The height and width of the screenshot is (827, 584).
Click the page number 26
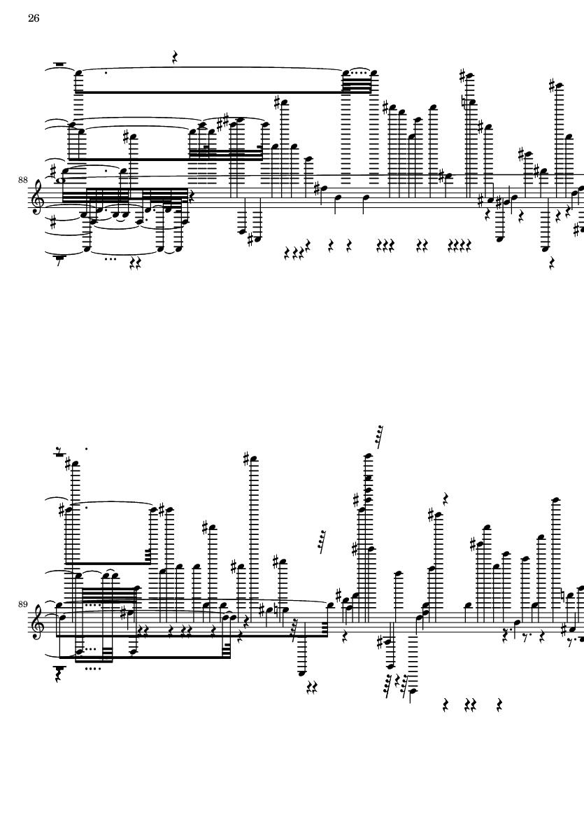pos(34,18)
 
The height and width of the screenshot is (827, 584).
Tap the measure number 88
pos(22,180)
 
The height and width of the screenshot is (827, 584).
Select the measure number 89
pos(22,604)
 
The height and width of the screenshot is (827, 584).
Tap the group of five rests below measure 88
pos(460,244)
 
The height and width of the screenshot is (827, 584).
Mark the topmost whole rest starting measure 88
pos(59,65)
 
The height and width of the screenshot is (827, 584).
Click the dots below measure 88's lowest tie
pos(110,259)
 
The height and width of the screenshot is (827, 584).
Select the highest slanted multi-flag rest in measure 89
pos(378,433)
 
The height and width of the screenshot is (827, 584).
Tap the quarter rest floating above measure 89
pos(446,498)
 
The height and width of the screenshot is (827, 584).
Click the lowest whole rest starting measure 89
pos(59,669)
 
